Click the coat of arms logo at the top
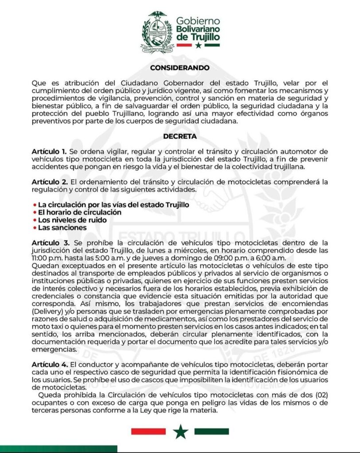tap(157, 32)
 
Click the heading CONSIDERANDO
tap(180, 68)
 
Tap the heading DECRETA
tap(180, 137)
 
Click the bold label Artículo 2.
tap(49, 182)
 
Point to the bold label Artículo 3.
tap(49, 243)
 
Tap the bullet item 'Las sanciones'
tap(62, 227)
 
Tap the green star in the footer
tap(180, 431)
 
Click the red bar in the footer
tap(148, 431)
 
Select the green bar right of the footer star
tap(212, 431)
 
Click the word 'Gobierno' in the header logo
tap(198, 21)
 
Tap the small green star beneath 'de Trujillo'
tap(198, 45)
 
